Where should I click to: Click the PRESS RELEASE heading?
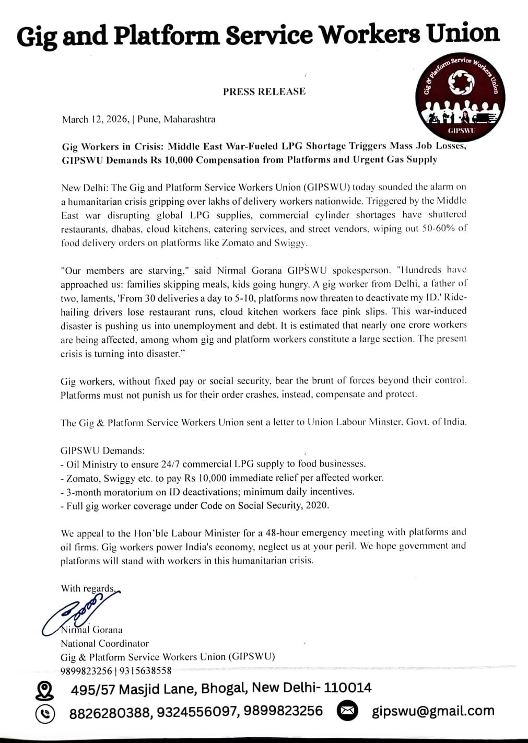tap(264, 91)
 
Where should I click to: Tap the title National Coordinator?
tap(104, 643)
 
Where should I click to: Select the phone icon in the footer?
tap(45, 713)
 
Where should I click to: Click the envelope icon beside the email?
tap(347, 711)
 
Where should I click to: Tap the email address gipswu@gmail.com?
tap(433, 711)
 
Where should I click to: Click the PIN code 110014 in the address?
tap(347, 688)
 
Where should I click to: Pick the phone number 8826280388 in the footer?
tap(109, 712)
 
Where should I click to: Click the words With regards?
tap(87, 588)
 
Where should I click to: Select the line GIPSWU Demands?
tap(102, 450)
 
